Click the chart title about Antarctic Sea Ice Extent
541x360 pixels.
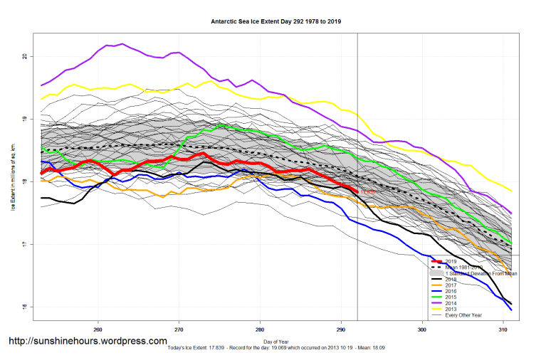point(275,21)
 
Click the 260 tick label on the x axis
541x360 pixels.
point(98,329)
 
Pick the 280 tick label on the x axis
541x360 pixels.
point(260,329)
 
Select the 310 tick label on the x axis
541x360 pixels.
point(503,329)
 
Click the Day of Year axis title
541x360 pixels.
point(275,342)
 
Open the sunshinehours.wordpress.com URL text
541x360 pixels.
point(88,342)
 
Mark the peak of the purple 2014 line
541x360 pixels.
point(122,44)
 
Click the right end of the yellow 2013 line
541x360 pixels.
point(511,191)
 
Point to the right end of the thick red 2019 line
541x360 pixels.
point(357,192)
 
